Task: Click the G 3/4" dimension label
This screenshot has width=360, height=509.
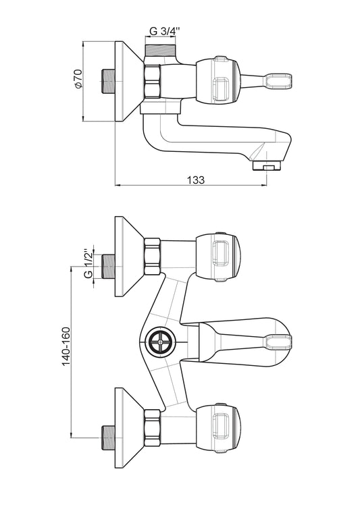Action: click(165, 32)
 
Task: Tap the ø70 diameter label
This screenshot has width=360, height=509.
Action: click(79, 79)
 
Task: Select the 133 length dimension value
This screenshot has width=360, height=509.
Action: click(196, 180)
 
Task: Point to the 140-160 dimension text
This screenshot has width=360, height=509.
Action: click(66, 347)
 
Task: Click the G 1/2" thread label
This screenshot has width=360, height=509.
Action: click(88, 264)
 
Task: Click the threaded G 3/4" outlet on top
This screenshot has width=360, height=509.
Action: click(160, 51)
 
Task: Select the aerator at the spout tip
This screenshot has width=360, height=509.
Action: click(267, 166)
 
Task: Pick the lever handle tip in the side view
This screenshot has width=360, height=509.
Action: click(278, 81)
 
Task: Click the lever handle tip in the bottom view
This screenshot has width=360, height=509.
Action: click(278, 342)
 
